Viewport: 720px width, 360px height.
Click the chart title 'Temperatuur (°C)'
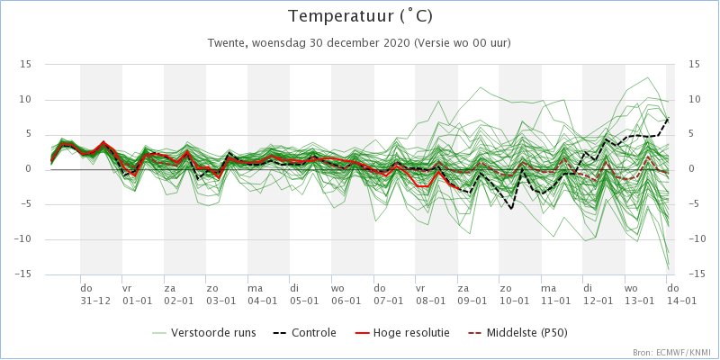(x=359, y=17)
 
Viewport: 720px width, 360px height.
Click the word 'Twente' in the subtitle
(x=227, y=42)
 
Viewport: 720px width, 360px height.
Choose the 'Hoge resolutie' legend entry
(x=415, y=332)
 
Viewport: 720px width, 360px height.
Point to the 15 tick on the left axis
(x=26, y=64)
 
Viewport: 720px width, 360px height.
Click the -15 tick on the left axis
(x=24, y=274)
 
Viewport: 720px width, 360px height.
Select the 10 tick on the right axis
(x=694, y=99)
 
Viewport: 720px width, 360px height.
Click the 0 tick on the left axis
(x=29, y=169)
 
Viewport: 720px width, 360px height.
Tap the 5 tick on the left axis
(x=29, y=134)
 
